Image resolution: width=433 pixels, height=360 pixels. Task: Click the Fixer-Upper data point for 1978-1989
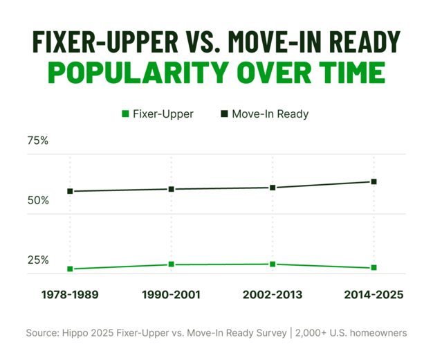pos(70,269)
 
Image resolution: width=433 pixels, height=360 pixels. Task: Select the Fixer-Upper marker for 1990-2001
pos(171,264)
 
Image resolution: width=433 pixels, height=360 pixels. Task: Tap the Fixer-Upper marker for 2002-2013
pos(273,264)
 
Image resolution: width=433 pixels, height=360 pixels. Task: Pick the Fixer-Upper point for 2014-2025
pos(374,267)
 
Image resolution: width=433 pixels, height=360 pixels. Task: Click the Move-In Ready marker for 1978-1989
pos(70,191)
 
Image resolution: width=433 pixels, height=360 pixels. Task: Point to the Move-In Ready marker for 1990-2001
pos(171,189)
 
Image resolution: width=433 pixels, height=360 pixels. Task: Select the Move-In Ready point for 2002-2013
pos(273,188)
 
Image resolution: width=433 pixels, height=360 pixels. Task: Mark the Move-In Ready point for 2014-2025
pos(374,181)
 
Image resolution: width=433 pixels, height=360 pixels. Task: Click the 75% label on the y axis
pos(37,141)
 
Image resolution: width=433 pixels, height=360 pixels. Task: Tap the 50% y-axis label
pos(37,200)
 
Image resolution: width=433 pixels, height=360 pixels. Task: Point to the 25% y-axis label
pos(37,260)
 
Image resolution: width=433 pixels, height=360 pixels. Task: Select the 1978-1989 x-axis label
pos(70,294)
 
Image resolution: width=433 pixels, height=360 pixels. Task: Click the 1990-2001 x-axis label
pos(171,294)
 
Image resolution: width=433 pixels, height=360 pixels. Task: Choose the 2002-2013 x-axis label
pos(273,294)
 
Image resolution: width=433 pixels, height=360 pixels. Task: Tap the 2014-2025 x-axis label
pos(374,294)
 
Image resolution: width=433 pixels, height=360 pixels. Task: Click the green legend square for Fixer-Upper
pos(125,114)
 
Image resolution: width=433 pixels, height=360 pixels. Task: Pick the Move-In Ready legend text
pos(270,114)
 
